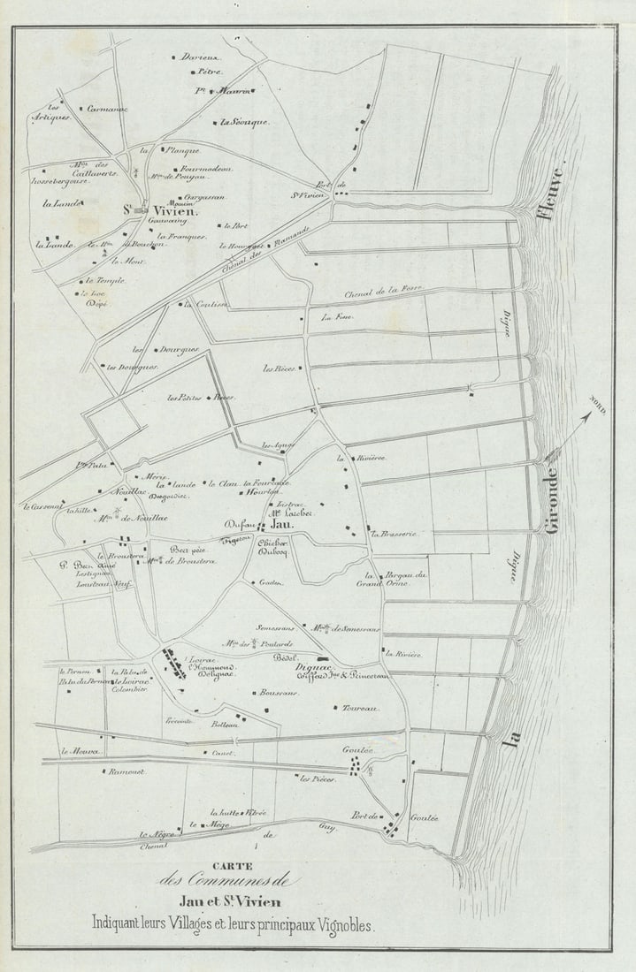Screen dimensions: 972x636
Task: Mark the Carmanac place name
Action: tap(107, 110)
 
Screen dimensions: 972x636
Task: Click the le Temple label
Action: tap(96, 279)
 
